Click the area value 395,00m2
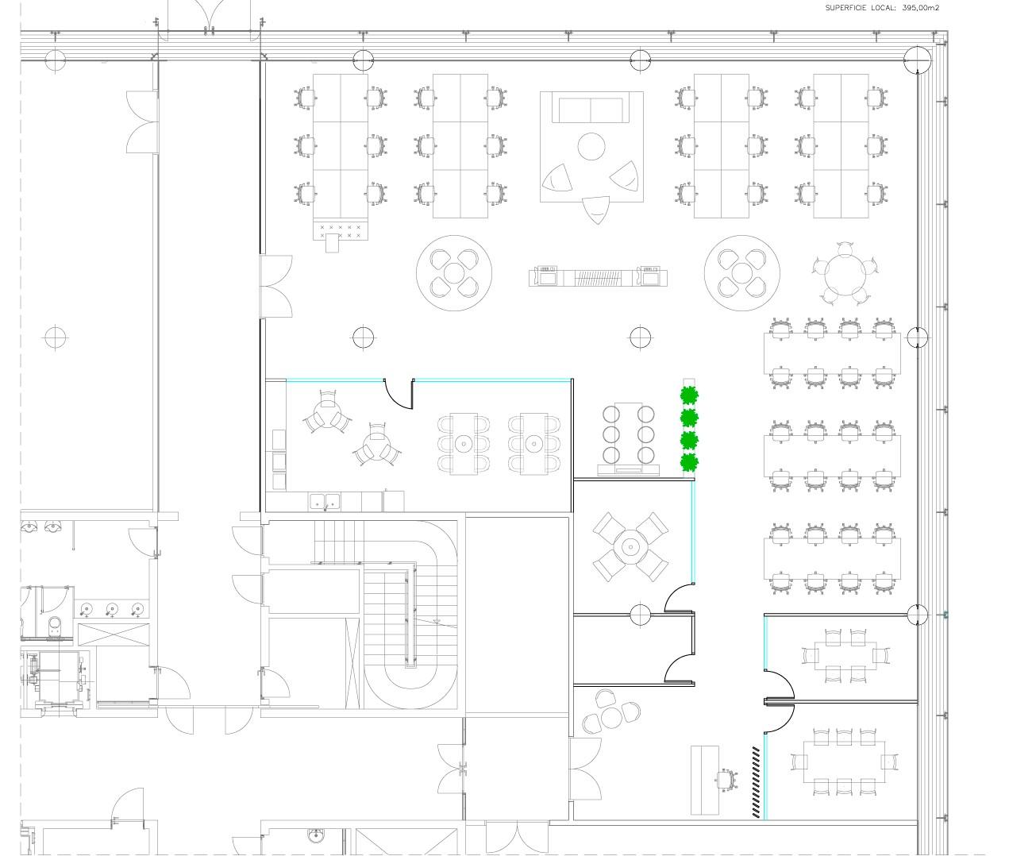[x=920, y=8]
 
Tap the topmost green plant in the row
[x=689, y=395]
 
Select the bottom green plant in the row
[x=689, y=462]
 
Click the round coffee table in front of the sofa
[x=591, y=146]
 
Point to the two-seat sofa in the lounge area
[x=591, y=108]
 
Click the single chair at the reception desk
[x=726, y=781]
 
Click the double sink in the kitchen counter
[x=325, y=502]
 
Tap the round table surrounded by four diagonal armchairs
[x=630, y=547]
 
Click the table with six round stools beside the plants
[x=628, y=434]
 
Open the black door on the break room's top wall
[x=399, y=395]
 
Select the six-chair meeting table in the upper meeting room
[x=845, y=656]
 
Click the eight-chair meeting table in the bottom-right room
[x=844, y=762]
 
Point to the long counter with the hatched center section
[x=598, y=277]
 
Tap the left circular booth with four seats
[x=454, y=273]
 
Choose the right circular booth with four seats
[x=741, y=273]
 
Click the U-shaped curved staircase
[x=411, y=615]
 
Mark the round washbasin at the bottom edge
[x=316, y=837]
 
